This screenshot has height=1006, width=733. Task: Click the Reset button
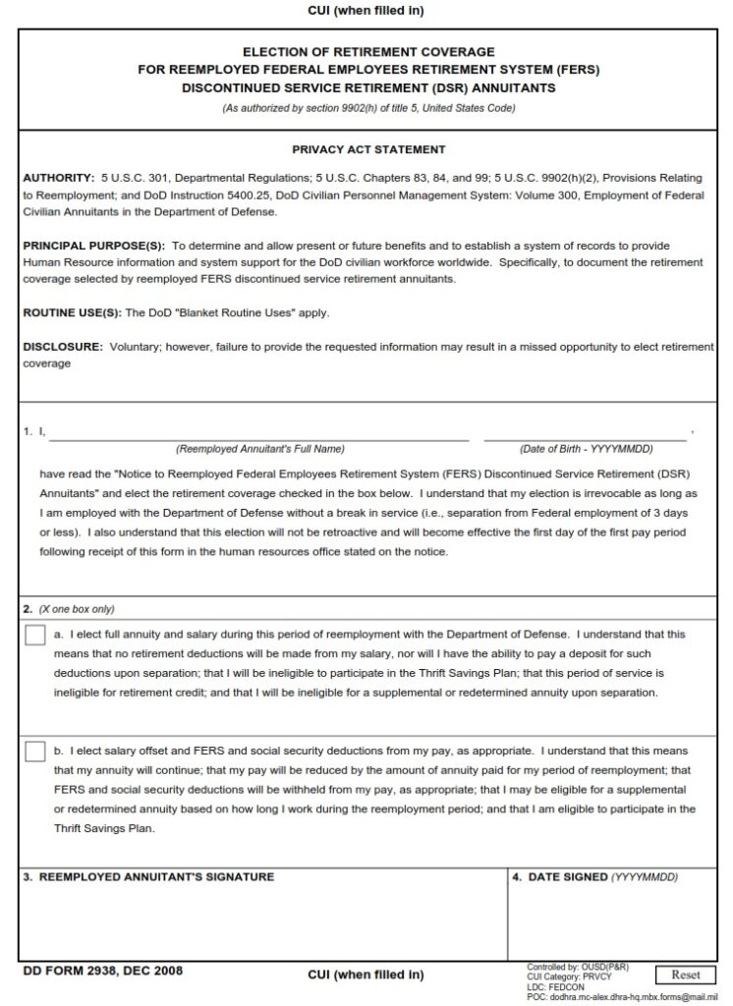click(x=685, y=975)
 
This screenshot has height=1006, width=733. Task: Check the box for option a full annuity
click(x=35, y=636)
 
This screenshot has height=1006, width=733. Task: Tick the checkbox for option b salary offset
click(x=35, y=753)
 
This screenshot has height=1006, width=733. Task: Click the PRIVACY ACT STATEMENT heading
click(x=368, y=150)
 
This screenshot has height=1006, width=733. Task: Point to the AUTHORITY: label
click(x=58, y=179)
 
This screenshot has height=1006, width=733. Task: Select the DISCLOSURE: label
click(x=63, y=347)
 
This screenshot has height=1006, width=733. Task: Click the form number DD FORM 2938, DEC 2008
click(x=102, y=972)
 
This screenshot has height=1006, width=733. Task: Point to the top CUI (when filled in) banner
click(x=366, y=11)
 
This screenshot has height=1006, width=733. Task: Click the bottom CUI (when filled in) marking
click(x=366, y=975)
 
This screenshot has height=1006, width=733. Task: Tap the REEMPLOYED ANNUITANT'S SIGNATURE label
click(x=148, y=876)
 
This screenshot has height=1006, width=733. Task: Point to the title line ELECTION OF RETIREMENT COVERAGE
click(x=368, y=52)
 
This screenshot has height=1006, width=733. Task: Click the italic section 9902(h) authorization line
click(x=368, y=108)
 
